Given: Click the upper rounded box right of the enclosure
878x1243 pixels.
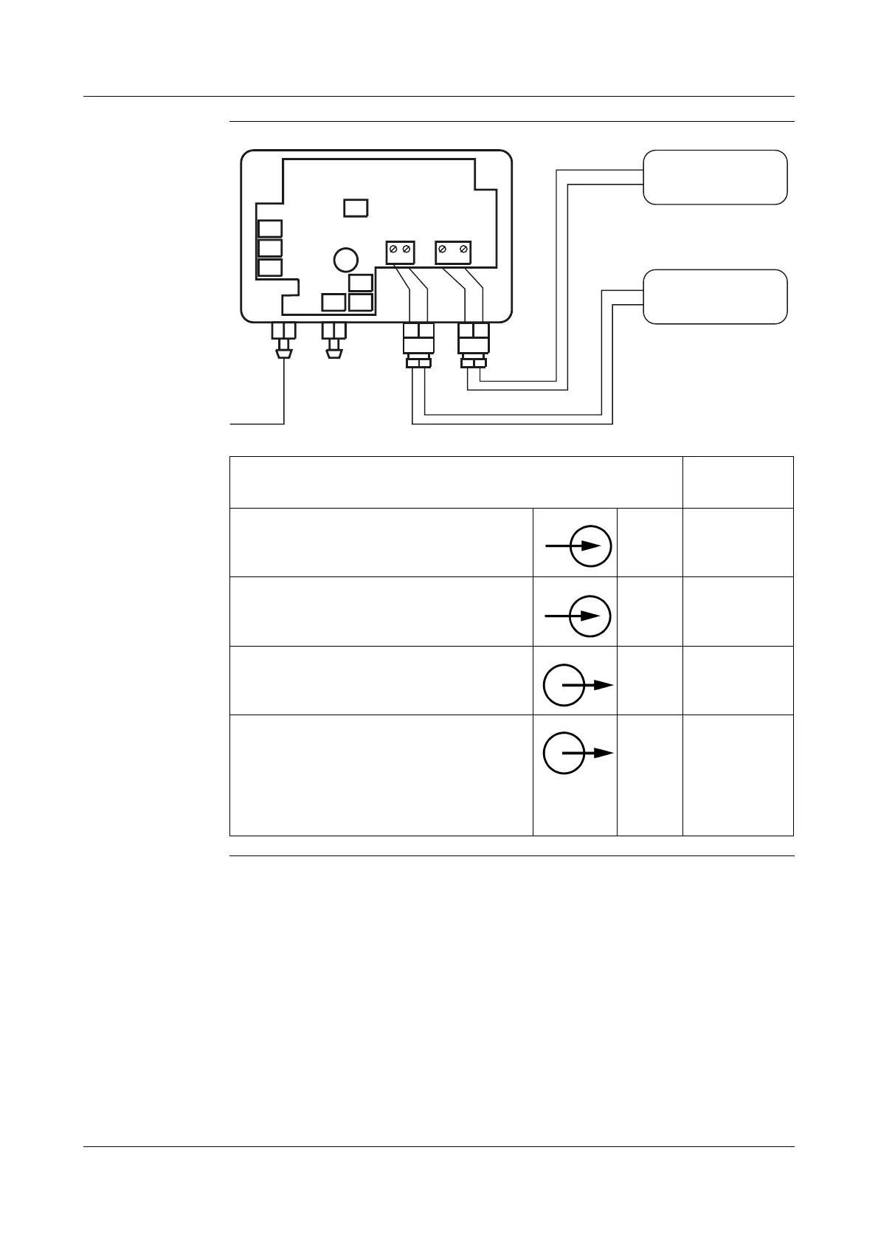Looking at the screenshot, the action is (x=715, y=177).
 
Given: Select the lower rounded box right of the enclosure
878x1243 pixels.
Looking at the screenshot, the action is (x=715, y=297).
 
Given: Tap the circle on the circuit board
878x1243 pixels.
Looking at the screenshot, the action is (x=345, y=260).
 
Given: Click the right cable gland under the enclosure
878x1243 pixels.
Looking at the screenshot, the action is (x=472, y=345).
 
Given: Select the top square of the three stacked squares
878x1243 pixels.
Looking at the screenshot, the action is (x=271, y=228).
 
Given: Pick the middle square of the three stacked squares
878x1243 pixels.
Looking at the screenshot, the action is (x=271, y=248).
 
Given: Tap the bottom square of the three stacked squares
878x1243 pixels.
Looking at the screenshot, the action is (x=271, y=267).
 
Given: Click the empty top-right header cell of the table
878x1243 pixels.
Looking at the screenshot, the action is (x=738, y=482).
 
